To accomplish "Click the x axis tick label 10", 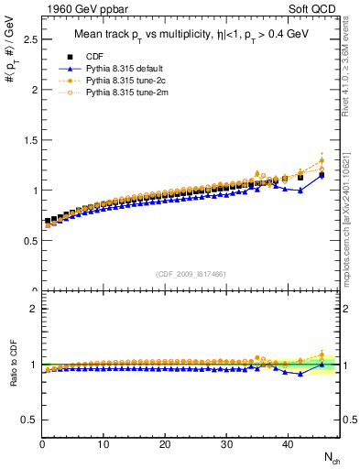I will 104,444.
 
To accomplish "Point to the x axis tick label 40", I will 288,444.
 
